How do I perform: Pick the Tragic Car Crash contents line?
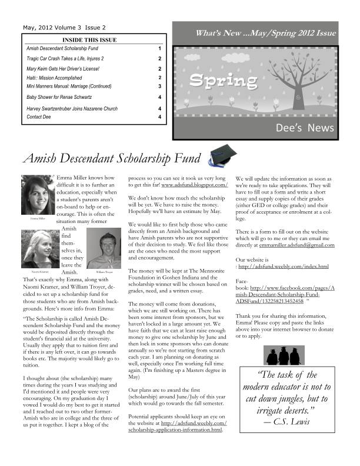(x=65, y=59)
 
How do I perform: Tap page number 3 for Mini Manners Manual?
(x=159, y=86)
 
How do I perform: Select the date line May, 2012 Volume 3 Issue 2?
(x=64, y=27)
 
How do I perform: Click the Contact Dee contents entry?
(x=40, y=117)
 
